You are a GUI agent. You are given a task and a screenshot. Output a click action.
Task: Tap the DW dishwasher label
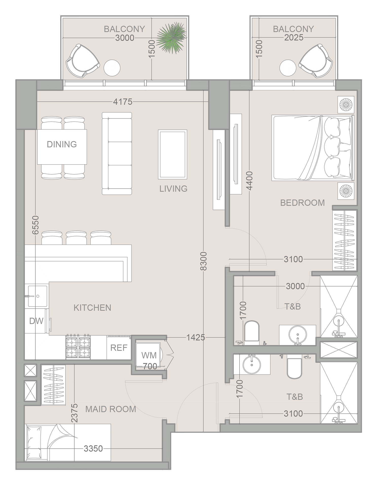coord(36,321)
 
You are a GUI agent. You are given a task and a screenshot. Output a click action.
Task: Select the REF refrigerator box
coord(119,348)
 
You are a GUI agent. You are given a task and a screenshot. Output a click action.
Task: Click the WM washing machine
coord(148,355)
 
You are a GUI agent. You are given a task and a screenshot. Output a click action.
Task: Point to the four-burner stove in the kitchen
coord(78,347)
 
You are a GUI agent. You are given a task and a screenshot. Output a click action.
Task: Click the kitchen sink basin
coord(37,296)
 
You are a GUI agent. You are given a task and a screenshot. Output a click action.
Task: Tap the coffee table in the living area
coord(173,154)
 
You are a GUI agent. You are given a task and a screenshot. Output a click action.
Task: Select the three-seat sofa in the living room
coord(117,154)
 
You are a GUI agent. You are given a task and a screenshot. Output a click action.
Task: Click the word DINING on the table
coord(62,144)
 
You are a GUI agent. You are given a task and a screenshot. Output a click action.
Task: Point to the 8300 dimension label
coord(203,261)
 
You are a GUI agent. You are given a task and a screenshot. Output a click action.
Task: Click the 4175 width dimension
coord(123,102)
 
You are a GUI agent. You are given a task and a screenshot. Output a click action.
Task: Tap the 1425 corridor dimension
coord(196,337)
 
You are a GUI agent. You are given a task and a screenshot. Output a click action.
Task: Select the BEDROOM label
coord(303,203)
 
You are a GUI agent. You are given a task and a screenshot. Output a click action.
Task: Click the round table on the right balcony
coord(288,68)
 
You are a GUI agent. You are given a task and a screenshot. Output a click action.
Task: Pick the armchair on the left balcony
coord(83,61)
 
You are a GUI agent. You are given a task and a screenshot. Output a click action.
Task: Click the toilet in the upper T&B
coord(252,332)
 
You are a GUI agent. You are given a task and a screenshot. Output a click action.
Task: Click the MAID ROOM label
coord(111,409)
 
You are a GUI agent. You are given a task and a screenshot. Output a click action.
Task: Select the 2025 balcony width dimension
coord(294,38)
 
